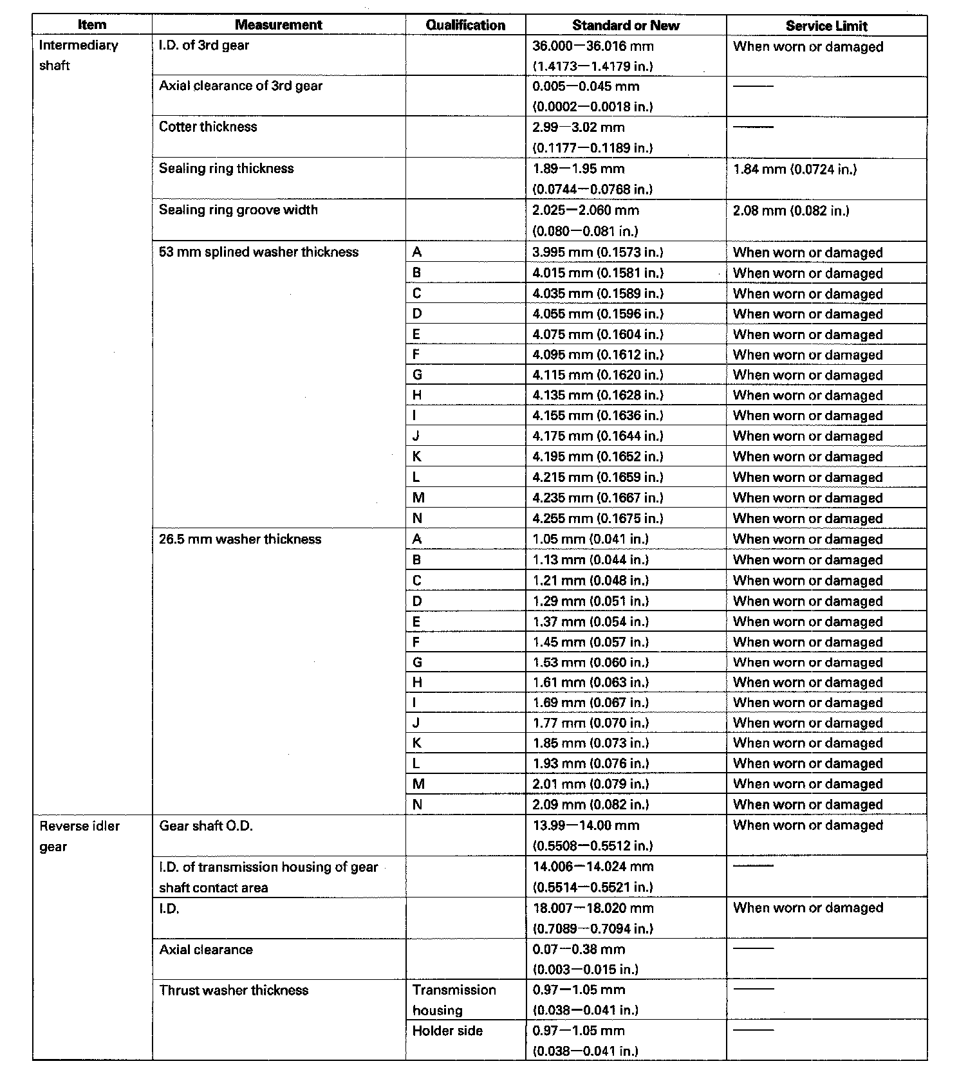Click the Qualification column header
coord(465,25)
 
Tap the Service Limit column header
coord(826,26)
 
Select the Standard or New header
coord(626,25)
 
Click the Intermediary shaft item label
coord(79,55)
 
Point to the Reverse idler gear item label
coord(79,836)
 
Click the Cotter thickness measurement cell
coord(208,127)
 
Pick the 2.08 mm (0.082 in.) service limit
coord(791,210)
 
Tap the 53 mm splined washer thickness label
coord(259,252)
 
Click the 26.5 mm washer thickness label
coord(240,539)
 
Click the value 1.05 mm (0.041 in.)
coord(590,539)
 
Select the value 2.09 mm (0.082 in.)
coord(590,804)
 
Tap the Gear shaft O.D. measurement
coord(206,825)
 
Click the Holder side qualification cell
coord(447,1031)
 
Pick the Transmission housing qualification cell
coord(454,1000)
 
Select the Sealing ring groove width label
coord(238,210)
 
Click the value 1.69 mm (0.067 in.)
coord(590,703)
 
